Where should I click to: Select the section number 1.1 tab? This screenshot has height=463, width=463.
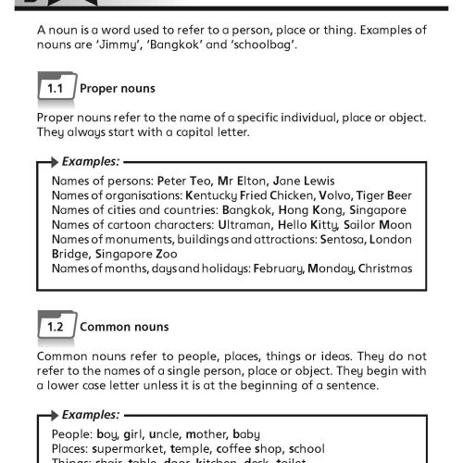click(x=54, y=89)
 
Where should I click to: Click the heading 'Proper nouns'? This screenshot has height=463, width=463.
click(x=118, y=89)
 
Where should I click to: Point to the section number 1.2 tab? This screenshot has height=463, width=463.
click(x=54, y=326)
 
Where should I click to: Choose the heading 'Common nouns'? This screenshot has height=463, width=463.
click(x=124, y=326)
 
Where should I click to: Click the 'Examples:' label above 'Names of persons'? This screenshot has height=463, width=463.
click(x=91, y=161)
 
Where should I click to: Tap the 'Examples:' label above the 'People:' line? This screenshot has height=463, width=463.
click(x=91, y=415)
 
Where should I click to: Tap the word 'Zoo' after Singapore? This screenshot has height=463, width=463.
click(x=167, y=254)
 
